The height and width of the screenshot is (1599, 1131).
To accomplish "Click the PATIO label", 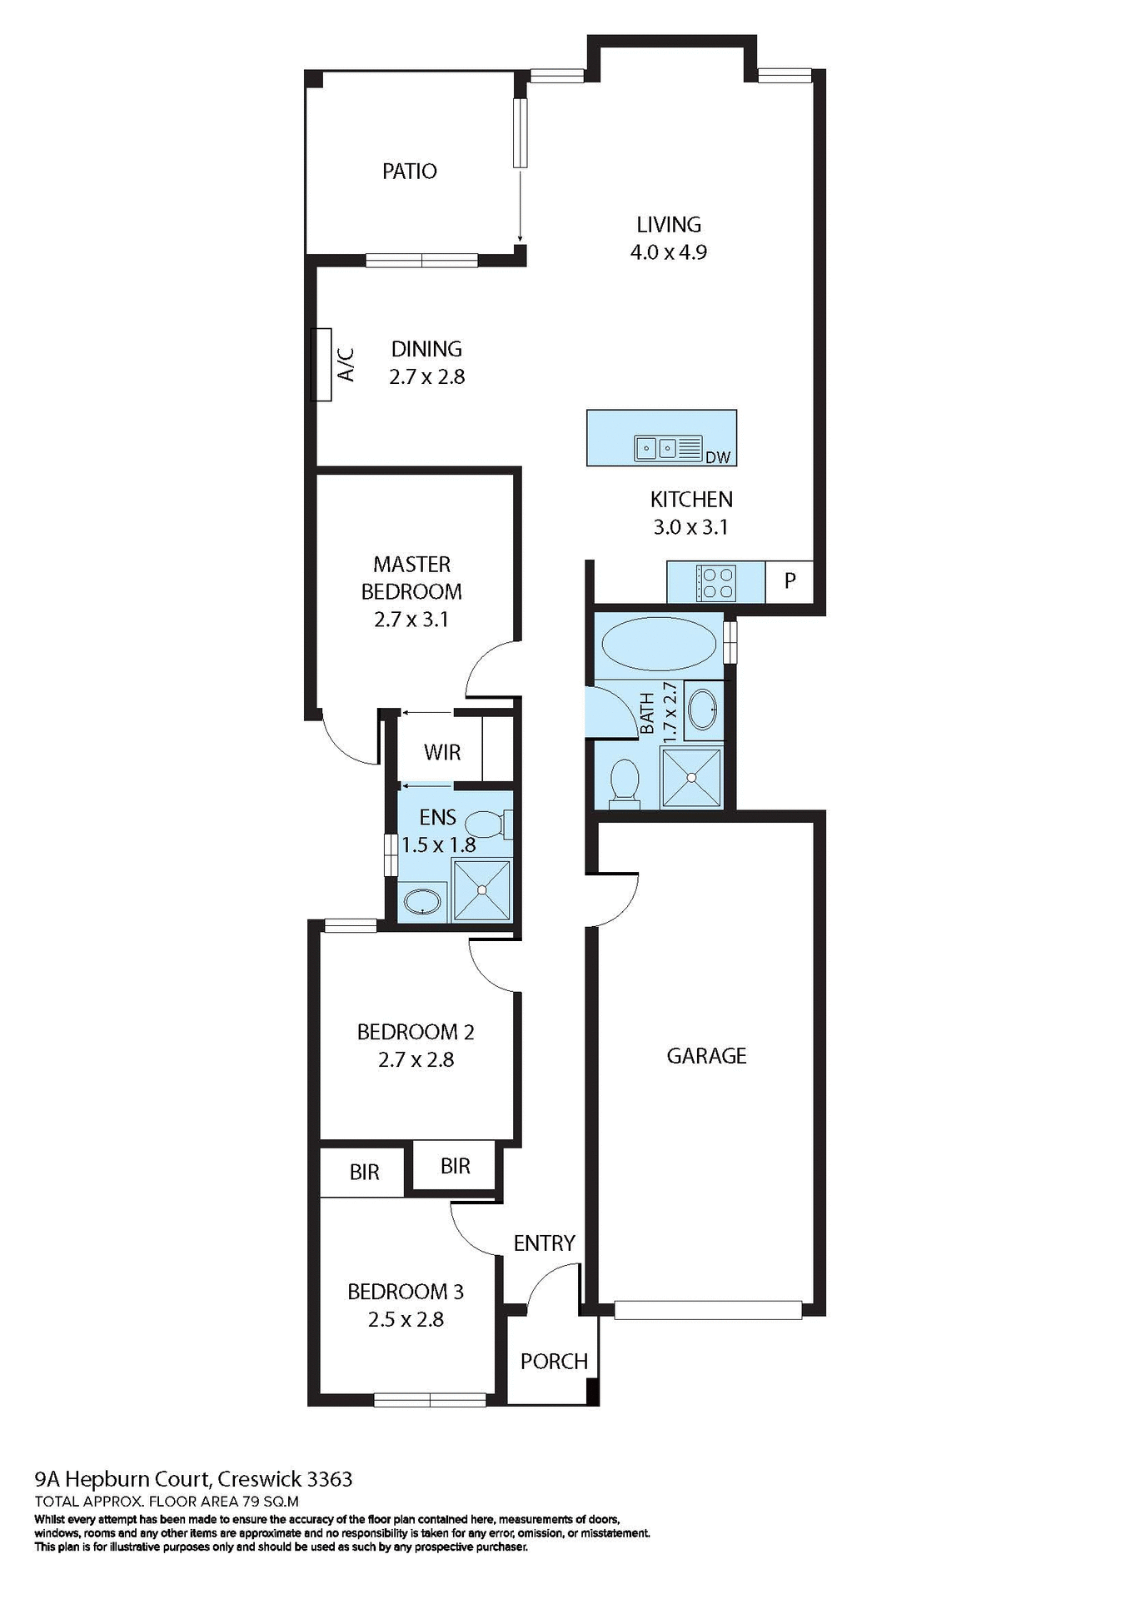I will (409, 171).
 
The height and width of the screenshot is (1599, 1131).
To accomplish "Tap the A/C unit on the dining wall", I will (321, 365).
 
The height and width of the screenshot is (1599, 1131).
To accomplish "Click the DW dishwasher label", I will (717, 457).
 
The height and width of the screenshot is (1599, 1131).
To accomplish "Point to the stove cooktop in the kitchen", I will (715, 582).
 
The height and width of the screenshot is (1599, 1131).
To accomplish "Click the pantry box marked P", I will (790, 580).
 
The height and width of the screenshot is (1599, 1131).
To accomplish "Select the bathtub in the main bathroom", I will (658, 643).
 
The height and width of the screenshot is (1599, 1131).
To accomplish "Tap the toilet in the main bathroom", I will (624, 783).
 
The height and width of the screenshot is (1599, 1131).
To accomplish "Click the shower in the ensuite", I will (481, 890).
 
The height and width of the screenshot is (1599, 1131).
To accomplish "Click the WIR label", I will (441, 752).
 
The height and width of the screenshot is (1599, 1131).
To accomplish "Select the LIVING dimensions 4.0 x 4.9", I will (668, 252).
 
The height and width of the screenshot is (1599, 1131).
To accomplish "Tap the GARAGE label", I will (706, 1055).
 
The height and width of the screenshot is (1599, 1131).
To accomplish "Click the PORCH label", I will (554, 1361).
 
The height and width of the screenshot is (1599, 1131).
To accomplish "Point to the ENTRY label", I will (544, 1243).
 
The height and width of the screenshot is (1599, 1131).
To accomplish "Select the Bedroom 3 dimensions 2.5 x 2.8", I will (406, 1319).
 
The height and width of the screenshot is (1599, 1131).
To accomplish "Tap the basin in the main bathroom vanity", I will (704, 710).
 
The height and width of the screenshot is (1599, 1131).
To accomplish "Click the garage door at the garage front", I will (708, 1309).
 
